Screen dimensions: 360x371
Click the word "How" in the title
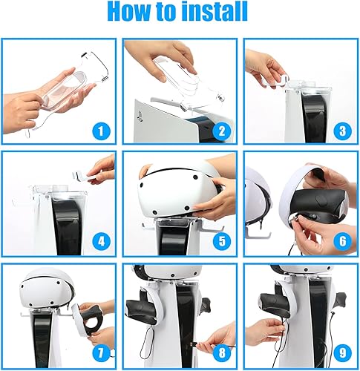tap(128, 11)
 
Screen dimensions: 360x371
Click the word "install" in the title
tap(214, 11)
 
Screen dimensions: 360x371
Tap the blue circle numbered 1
tap(101, 131)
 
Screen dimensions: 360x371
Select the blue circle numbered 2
tap(222, 131)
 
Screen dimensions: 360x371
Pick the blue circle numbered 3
tap(342, 131)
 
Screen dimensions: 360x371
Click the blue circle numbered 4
tap(101, 241)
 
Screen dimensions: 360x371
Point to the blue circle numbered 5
tap(222, 241)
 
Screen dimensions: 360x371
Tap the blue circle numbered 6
tap(342, 241)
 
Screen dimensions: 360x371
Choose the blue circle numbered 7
tap(101, 353)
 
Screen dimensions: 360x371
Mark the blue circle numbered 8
tap(222, 353)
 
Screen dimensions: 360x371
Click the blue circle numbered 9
tap(342, 353)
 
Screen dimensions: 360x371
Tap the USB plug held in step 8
tap(194, 344)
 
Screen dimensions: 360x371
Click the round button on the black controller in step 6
tap(320, 200)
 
